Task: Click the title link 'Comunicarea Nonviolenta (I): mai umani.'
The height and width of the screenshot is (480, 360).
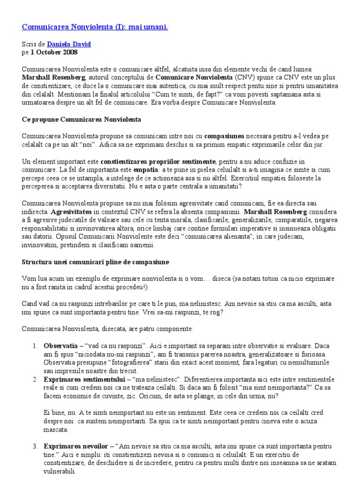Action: (x=95, y=27)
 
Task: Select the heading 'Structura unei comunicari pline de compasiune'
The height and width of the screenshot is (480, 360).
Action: (x=96, y=261)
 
